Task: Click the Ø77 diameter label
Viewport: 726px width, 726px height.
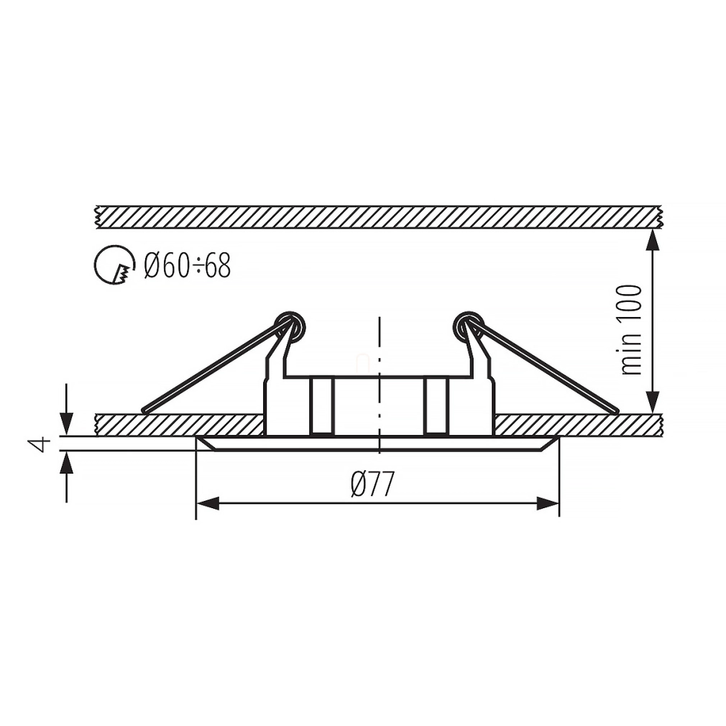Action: pyautogui.click(x=372, y=484)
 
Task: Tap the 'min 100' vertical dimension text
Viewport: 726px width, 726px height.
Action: pyautogui.click(x=631, y=330)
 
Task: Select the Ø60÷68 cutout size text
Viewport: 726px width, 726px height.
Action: pyautogui.click(x=187, y=266)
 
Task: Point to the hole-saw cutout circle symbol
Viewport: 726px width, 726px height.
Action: pyautogui.click(x=115, y=265)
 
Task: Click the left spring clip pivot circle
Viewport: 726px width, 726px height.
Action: pyautogui.click(x=290, y=326)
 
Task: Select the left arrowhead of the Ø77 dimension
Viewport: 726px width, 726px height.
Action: pyautogui.click(x=207, y=503)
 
